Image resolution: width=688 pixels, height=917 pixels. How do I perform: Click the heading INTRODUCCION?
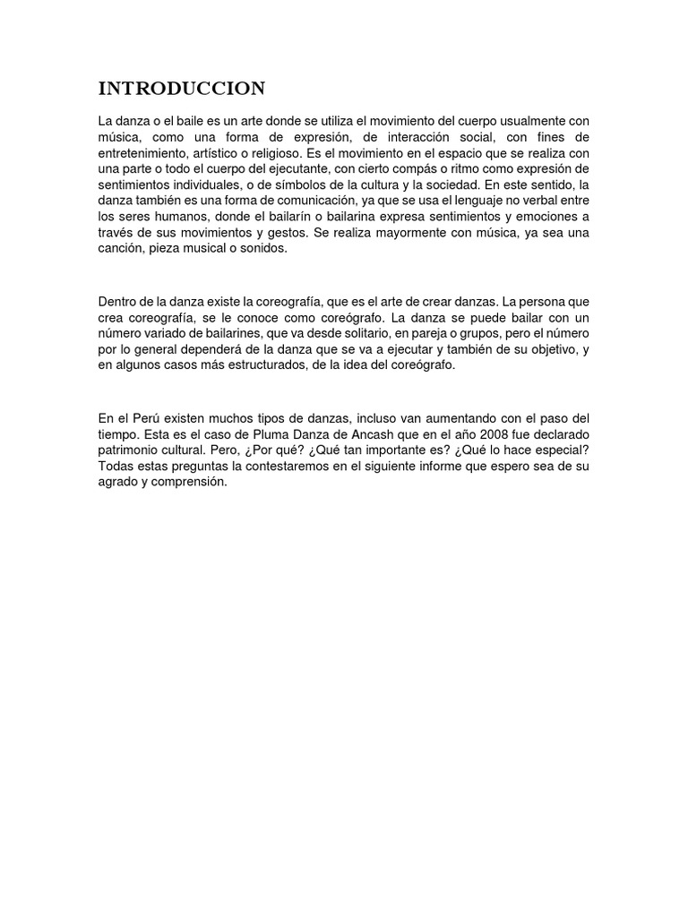point(182,88)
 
